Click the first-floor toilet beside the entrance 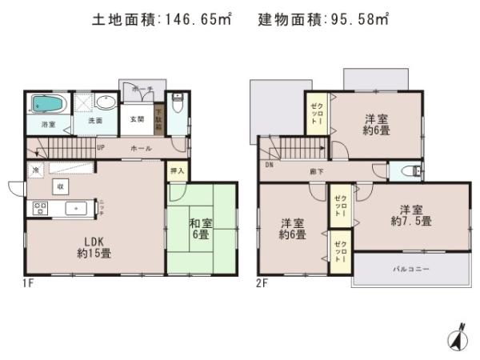coord(177,104)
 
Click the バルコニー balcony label coord(410,270)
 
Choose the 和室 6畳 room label coord(200,230)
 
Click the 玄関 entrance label coord(137,119)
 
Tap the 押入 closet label coord(177,170)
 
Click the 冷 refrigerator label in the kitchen coord(36,170)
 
